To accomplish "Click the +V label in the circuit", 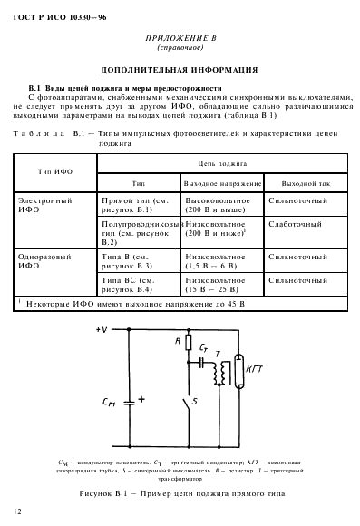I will [x=102, y=329].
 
